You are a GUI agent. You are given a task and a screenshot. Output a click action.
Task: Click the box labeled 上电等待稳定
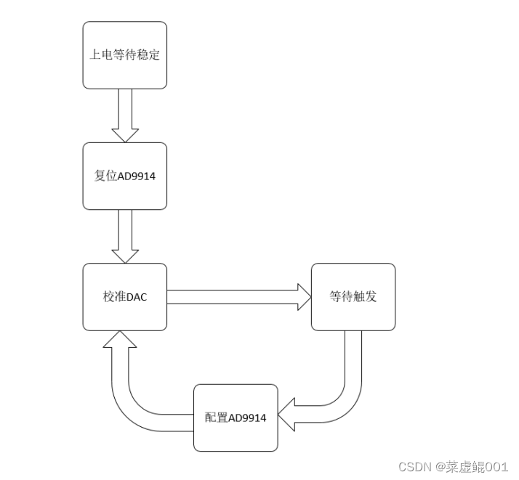click(124, 54)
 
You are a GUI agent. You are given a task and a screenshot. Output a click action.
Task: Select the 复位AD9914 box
click(124, 176)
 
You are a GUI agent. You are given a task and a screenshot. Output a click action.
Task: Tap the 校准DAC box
click(124, 296)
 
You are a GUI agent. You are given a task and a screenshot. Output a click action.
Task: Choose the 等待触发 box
click(353, 296)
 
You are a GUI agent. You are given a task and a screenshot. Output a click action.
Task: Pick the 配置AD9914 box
click(236, 418)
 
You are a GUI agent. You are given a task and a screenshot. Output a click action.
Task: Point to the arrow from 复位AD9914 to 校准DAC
click(125, 235)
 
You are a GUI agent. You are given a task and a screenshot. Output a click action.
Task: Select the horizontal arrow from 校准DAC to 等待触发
click(233, 296)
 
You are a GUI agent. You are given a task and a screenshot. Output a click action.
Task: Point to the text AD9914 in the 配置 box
click(247, 418)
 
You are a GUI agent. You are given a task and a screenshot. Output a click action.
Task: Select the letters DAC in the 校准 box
click(137, 297)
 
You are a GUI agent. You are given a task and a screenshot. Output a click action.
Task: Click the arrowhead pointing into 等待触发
click(303, 296)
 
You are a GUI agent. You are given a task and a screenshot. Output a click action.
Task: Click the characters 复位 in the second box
click(106, 176)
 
